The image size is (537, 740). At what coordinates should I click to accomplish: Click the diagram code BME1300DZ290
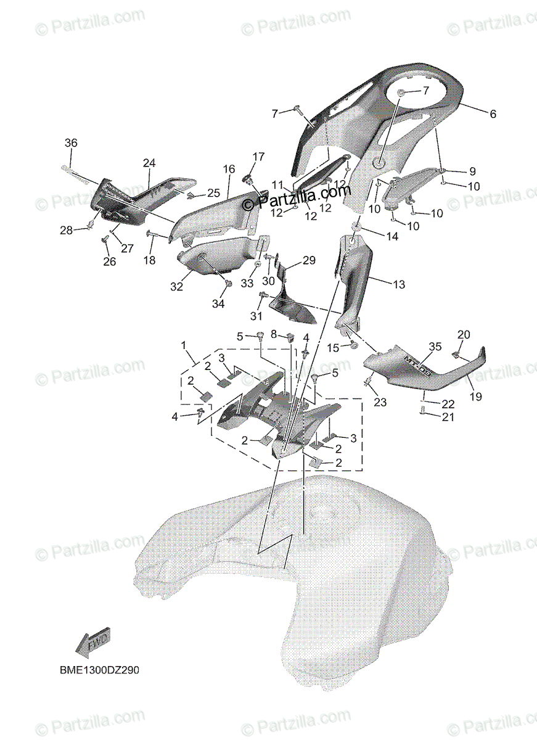point(95,669)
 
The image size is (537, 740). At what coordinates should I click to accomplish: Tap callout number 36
point(71,142)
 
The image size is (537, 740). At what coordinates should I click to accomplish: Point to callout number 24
point(149,163)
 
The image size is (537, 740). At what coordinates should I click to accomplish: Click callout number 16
point(229,168)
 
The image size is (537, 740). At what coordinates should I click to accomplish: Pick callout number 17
point(258,156)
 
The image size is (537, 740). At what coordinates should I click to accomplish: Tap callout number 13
point(399,284)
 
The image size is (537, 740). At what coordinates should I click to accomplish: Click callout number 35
point(436,347)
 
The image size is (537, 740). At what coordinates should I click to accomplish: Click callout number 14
point(392,236)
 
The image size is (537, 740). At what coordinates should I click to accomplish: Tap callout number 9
point(472,171)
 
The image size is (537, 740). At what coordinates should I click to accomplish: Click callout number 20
point(464,334)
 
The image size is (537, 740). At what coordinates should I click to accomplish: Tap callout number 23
point(380,402)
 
